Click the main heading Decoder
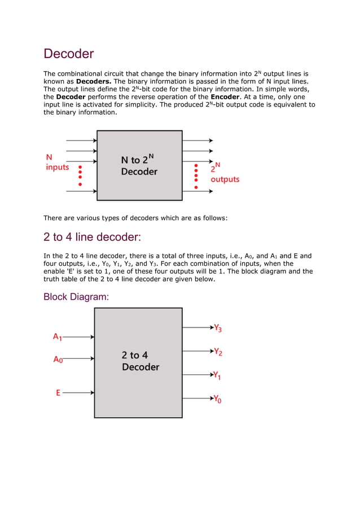click(x=68, y=54)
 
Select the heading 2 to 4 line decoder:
click(x=92, y=237)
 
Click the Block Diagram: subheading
click(x=76, y=297)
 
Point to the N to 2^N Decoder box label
click(x=139, y=165)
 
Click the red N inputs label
click(x=57, y=163)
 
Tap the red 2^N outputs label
click(x=224, y=173)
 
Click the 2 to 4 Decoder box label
click(x=140, y=361)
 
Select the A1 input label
click(x=57, y=337)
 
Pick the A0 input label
click(x=58, y=359)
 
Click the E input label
click(x=58, y=393)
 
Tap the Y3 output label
click(x=217, y=328)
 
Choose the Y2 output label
click(x=218, y=352)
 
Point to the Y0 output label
click(x=217, y=399)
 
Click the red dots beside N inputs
click(x=80, y=175)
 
